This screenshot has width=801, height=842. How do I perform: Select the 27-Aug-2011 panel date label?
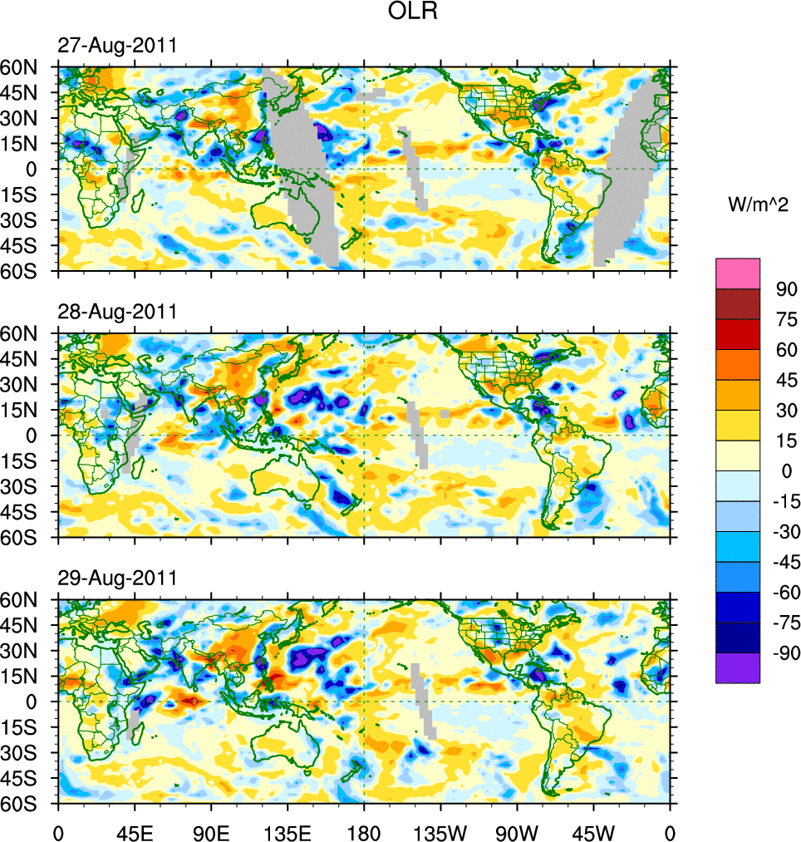pos(116,46)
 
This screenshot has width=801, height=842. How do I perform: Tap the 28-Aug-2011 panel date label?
pos(116,312)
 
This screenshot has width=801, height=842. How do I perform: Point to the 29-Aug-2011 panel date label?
pos(116,578)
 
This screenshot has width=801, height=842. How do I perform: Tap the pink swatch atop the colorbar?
pos(738,273)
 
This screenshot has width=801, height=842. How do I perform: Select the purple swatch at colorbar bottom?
pos(738,667)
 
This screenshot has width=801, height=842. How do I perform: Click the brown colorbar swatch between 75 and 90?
pos(738,303)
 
